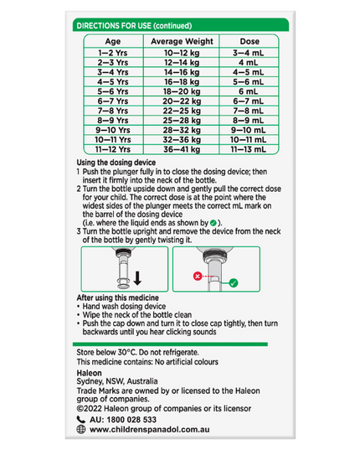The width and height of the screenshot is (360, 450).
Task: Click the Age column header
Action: [x=113, y=41]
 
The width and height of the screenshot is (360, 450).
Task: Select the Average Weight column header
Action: [x=182, y=41]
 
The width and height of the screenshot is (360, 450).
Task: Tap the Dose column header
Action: [x=249, y=41]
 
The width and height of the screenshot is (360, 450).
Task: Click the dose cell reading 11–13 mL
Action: [x=248, y=149]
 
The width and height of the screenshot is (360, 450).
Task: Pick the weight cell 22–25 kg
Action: [x=182, y=111]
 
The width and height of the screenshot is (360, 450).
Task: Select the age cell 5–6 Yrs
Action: [x=113, y=91]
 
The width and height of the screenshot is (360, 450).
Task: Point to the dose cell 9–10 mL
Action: [x=248, y=130]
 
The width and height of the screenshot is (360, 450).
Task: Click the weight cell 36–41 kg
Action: [x=182, y=149]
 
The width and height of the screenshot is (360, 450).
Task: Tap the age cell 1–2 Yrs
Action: [x=113, y=53]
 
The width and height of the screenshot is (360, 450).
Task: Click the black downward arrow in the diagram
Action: [x=137, y=278]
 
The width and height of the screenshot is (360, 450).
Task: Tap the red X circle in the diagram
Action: [x=198, y=277]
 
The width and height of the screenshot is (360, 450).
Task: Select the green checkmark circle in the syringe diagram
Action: [x=234, y=283]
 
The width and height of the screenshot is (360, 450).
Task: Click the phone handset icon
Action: [x=81, y=420]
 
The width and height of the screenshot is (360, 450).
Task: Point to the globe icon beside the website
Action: [x=81, y=429]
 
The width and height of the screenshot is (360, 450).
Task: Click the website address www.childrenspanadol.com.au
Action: [x=149, y=430]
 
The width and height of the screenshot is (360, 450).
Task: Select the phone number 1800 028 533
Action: [x=131, y=420]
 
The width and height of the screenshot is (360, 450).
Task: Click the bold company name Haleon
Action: [x=89, y=373]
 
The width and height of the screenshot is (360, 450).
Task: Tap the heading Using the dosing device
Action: [x=116, y=163]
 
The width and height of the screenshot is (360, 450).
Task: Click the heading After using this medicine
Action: [x=117, y=297]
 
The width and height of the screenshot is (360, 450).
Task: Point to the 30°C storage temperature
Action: [x=126, y=352]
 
